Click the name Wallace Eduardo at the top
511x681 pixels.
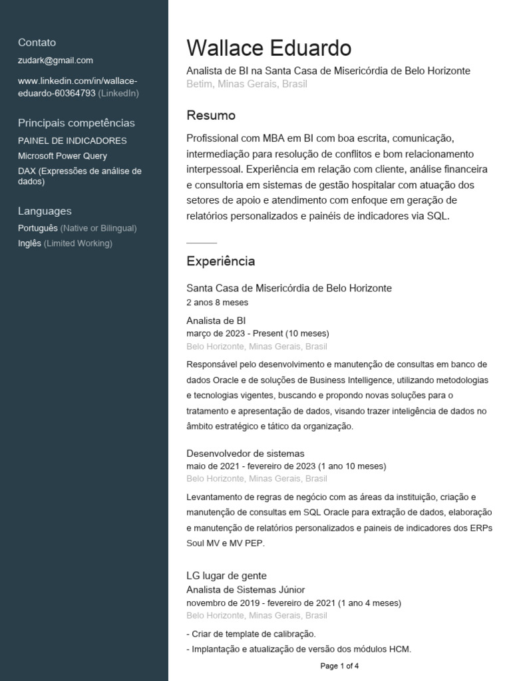(x=269, y=48)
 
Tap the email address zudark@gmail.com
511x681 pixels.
(x=55, y=60)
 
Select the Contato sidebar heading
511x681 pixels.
(x=37, y=43)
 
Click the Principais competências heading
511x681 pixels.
(x=76, y=123)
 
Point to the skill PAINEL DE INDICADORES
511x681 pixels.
(x=72, y=141)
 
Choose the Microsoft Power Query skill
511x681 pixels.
(x=63, y=156)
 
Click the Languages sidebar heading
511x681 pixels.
(x=45, y=211)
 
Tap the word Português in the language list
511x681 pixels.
(x=38, y=228)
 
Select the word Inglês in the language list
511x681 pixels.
(x=29, y=243)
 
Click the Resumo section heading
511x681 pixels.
(x=211, y=116)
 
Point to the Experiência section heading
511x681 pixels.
(x=220, y=261)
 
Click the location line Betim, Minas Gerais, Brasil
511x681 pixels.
(x=247, y=84)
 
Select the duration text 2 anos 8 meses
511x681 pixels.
(x=217, y=303)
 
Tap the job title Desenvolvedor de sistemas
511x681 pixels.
(x=245, y=454)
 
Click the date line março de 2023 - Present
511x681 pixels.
(x=257, y=333)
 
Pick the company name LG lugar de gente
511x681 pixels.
(x=226, y=575)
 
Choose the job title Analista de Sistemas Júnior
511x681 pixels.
(x=246, y=590)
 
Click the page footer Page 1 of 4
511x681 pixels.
(x=339, y=666)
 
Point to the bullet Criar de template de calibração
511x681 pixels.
(x=253, y=634)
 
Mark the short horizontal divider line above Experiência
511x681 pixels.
(x=202, y=243)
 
